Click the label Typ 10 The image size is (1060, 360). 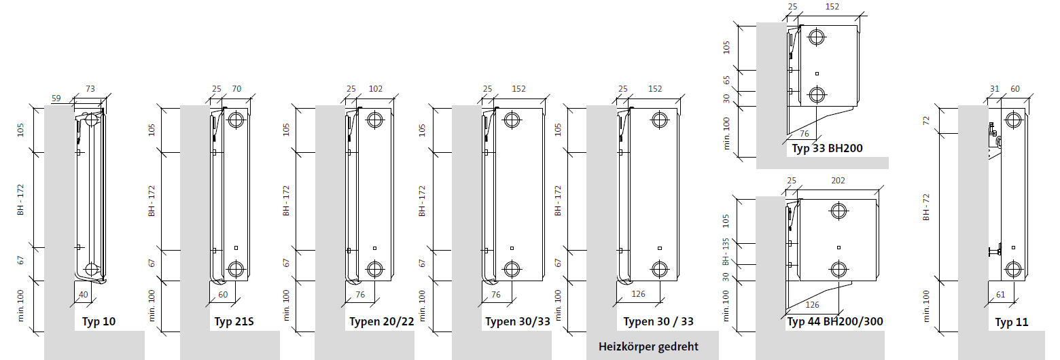point(99,322)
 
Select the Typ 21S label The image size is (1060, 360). point(234,322)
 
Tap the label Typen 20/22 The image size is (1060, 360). point(381,322)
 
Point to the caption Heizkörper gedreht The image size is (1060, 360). point(648,346)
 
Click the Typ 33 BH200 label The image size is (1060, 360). point(827,149)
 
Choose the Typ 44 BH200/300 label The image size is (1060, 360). point(835,322)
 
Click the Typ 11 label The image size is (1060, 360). point(1011,323)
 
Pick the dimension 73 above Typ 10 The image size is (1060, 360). point(90,88)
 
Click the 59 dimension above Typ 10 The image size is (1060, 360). point(56,98)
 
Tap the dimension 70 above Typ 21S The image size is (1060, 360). point(236,88)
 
